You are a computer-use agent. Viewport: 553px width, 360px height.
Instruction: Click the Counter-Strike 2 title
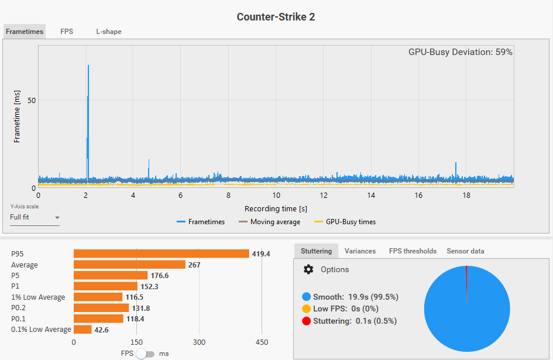[276, 16]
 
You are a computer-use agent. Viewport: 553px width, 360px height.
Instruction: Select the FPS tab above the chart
[67, 32]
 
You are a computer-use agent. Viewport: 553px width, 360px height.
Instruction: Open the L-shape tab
[109, 32]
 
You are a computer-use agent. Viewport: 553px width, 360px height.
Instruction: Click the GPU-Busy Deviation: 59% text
[460, 52]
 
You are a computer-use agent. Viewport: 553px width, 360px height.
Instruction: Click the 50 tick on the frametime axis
[32, 100]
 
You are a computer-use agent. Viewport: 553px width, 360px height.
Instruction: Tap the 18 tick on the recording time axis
[466, 196]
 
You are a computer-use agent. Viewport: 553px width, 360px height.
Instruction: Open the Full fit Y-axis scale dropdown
[35, 217]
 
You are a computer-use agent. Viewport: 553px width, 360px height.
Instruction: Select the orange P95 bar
[161, 253]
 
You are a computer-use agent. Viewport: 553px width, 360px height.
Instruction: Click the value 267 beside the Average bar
[194, 265]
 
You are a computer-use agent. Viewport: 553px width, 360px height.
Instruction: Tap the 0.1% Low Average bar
[83, 330]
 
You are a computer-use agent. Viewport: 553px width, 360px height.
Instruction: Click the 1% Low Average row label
[38, 297]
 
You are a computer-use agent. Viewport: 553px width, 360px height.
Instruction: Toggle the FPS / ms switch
[146, 354]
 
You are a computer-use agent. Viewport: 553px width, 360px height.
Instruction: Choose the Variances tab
[360, 251]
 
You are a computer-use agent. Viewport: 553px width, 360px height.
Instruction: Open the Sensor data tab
[465, 251]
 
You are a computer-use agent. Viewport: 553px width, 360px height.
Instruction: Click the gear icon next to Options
[308, 269]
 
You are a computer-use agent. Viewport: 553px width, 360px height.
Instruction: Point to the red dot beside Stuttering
[307, 321]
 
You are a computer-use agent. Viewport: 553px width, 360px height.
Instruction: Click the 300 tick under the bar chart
[200, 342]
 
